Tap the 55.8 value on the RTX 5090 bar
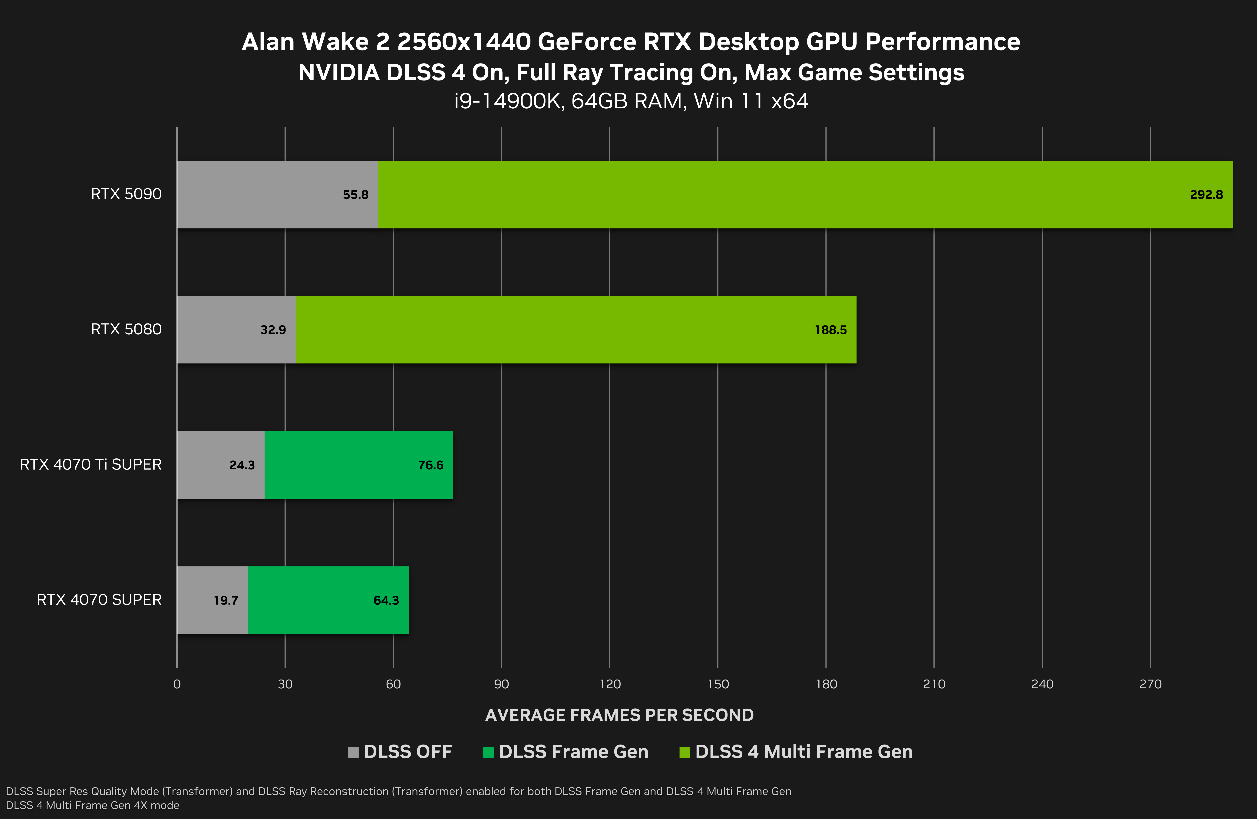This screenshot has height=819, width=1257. (x=355, y=195)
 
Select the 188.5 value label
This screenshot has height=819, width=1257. (x=830, y=330)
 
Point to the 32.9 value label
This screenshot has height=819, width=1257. (x=273, y=330)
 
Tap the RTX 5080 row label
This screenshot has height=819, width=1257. (x=126, y=329)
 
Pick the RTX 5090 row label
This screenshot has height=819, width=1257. (x=126, y=194)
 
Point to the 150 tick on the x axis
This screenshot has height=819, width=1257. (x=718, y=684)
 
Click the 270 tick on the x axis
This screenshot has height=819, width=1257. (x=1150, y=684)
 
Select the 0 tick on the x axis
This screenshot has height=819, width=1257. (x=177, y=684)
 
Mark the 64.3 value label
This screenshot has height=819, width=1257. (x=386, y=600)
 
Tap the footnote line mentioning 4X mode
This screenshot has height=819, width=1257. (x=92, y=805)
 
